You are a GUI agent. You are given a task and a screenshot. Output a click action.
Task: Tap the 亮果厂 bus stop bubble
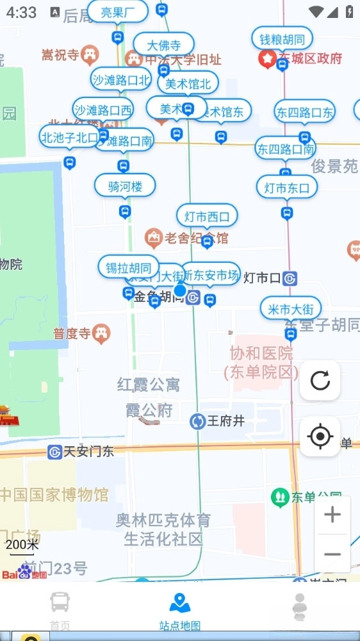[118, 12]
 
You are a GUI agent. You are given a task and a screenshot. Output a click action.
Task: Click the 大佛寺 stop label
[164, 45]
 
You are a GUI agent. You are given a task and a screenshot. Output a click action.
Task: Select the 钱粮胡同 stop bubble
[282, 38]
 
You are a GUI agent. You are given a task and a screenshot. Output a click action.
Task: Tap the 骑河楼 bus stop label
[125, 186]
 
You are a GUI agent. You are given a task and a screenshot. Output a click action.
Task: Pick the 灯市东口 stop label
[287, 188]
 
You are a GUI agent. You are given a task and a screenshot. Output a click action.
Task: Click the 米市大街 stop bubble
[291, 309]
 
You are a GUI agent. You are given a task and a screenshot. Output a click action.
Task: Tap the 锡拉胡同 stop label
[129, 267]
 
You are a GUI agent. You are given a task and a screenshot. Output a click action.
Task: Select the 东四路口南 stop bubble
[286, 149]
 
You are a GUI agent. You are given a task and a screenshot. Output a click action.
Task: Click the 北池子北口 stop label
[69, 137]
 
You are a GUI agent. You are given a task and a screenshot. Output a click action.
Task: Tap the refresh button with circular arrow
[320, 381]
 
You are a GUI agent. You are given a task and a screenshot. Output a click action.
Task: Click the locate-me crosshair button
[320, 437]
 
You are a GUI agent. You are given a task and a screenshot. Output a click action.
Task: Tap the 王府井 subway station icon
[197, 421]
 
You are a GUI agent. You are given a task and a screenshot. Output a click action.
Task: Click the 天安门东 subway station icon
[55, 452]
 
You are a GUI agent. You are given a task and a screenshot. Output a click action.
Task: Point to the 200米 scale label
[22, 545]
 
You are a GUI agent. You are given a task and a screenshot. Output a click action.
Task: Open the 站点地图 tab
[180, 612]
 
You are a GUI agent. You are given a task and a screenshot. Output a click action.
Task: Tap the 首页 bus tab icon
[60, 603]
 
